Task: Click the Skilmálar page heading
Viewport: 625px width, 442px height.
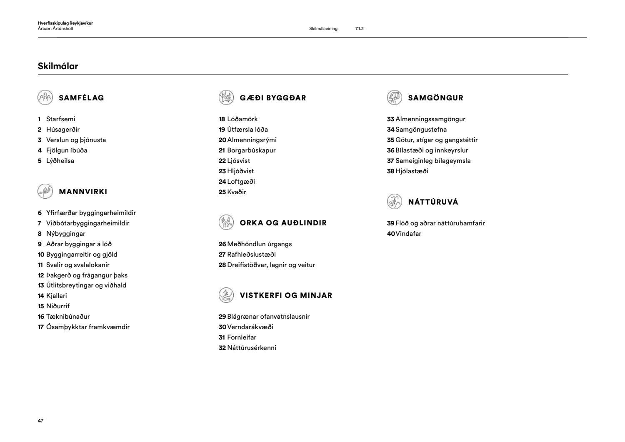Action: point(58,66)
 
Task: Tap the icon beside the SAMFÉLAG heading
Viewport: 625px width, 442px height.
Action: point(45,97)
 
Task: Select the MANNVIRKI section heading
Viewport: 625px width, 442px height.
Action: point(83,192)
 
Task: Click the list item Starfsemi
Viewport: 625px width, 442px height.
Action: point(60,119)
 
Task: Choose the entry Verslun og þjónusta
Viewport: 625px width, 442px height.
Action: point(76,140)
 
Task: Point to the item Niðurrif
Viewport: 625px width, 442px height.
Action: point(57,306)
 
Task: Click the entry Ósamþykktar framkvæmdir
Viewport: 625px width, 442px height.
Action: point(87,327)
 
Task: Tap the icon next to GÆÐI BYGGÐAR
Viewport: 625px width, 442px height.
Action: point(226,97)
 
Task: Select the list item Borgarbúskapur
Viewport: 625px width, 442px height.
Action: point(251,150)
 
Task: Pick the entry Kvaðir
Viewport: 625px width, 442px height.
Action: point(236,192)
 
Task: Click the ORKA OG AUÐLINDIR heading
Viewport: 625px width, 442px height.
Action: point(283,223)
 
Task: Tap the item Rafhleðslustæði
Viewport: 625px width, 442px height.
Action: point(251,255)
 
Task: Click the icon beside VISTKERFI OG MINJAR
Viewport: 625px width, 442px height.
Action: point(226,295)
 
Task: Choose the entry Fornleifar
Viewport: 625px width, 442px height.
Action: point(241,337)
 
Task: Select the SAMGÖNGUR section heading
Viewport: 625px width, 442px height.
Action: point(435,98)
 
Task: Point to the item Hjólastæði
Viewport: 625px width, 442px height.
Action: point(411,171)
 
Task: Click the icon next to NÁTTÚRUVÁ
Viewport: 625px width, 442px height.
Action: point(394,202)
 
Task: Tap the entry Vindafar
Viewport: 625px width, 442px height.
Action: point(408,234)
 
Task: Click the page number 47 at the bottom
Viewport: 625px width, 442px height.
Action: point(40,421)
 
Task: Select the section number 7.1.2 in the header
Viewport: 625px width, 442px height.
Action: point(359,29)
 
